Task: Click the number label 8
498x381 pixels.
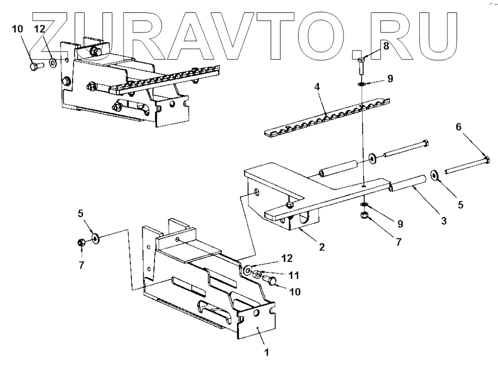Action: pyautogui.click(x=386, y=46)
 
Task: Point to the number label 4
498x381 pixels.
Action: pyautogui.click(x=318, y=87)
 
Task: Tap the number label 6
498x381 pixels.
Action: pyautogui.click(x=458, y=127)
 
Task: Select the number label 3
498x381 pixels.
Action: pyautogui.click(x=443, y=221)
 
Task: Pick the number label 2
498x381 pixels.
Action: pyautogui.click(x=322, y=247)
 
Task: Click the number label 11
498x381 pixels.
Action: pyautogui.click(x=294, y=275)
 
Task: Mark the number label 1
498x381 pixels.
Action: pyautogui.click(x=266, y=353)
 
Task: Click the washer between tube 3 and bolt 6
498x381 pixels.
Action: pyautogui.click(x=435, y=175)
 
